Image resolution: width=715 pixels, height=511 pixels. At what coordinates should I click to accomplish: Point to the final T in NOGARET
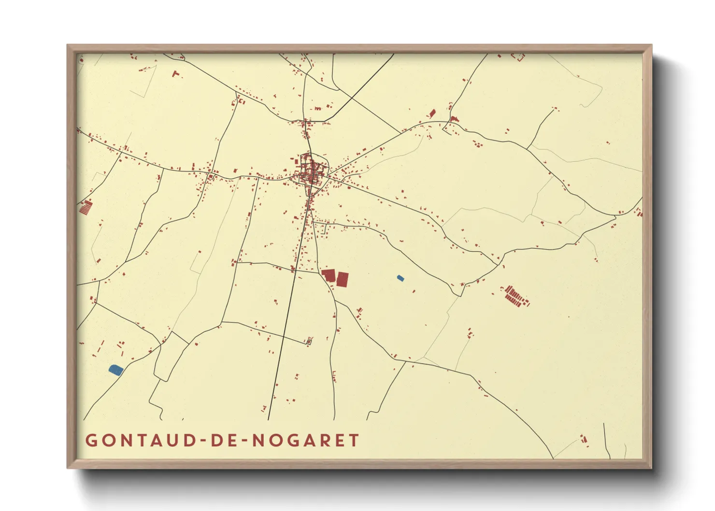355,440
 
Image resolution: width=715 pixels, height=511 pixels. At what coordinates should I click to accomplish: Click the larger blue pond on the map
116,370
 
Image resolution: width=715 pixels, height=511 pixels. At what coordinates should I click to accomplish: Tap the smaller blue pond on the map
400,278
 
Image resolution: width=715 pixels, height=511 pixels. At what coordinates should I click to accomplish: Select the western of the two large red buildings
329,275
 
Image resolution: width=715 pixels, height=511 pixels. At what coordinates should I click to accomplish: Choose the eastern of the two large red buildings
343,279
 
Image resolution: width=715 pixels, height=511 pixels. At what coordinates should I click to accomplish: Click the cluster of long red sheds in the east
515,296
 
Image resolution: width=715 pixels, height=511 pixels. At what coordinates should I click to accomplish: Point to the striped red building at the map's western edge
86,207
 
